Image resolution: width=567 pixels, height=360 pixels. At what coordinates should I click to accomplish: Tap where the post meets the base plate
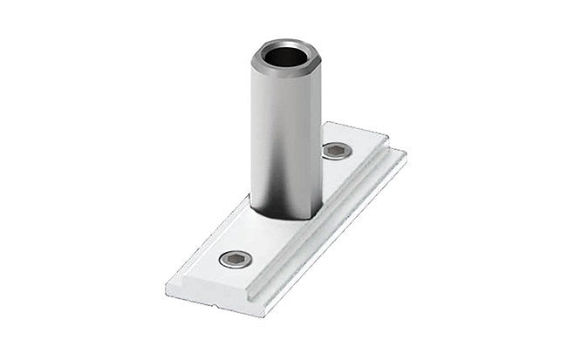click(286, 218)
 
